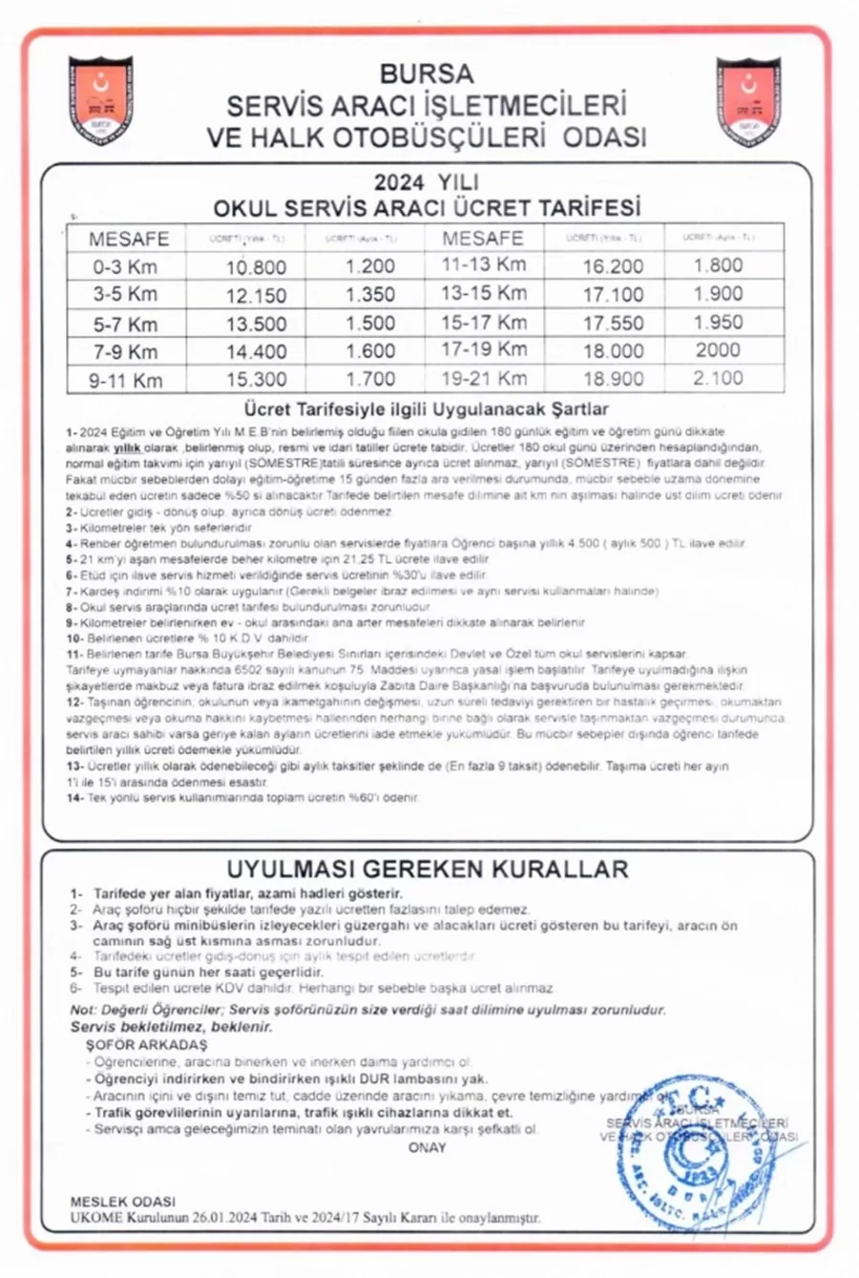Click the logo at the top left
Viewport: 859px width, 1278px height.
click(x=101, y=101)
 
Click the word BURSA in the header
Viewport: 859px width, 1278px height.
click(x=426, y=73)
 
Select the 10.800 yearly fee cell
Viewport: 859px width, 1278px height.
click(x=256, y=267)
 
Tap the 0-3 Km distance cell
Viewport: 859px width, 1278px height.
click(x=125, y=267)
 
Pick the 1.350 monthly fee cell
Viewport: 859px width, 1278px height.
click(x=370, y=295)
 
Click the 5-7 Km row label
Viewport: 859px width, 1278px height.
click(x=125, y=324)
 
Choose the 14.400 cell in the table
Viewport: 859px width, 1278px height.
click(x=256, y=351)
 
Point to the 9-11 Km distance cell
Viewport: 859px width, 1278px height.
click(x=125, y=380)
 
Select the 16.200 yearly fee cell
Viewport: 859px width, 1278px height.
click(x=613, y=267)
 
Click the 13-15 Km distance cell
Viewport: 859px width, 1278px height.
click(x=483, y=293)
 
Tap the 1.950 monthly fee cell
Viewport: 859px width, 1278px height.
click(x=718, y=323)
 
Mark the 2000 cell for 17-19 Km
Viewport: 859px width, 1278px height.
click(x=718, y=350)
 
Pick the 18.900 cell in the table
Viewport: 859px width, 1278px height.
click(x=613, y=379)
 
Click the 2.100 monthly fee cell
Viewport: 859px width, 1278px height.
click(x=718, y=378)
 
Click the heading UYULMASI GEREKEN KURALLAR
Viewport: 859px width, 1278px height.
click(x=427, y=869)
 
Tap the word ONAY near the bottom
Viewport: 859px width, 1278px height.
click(x=427, y=1147)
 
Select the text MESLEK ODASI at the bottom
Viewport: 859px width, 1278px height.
click(x=123, y=1202)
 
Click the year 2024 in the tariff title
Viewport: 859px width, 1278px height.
click(x=398, y=182)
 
